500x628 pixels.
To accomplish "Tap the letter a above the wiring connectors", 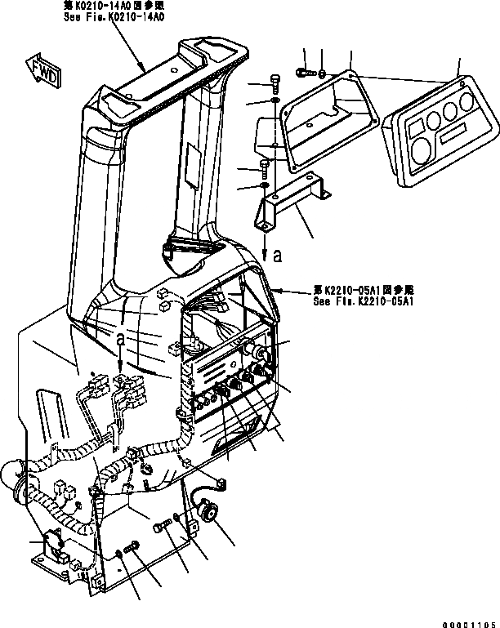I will [x=120, y=336].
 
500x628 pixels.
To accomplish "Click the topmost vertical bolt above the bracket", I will [x=275, y=82].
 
